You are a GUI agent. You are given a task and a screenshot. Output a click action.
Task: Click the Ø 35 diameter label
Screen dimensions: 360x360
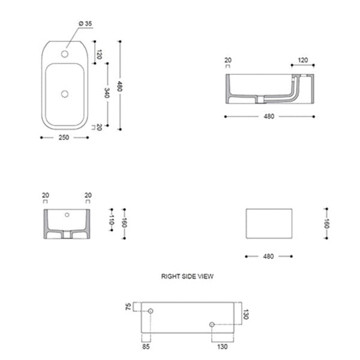(85, 23)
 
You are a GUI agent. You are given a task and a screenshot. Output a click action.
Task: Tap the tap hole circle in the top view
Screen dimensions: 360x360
(65, 52)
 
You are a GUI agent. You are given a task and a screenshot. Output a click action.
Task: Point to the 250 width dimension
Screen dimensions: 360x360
(64, 137)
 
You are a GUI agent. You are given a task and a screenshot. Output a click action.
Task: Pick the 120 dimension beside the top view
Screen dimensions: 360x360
(99, 56)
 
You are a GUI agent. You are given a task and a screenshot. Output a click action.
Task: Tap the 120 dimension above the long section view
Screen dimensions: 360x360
(302, 60)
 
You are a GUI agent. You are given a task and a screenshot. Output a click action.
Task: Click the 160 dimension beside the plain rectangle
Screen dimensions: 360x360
(326, 223)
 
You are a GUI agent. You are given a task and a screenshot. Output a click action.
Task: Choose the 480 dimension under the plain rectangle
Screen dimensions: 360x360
(268, 256)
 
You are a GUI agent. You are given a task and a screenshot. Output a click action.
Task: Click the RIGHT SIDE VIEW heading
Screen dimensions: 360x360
(187, 277)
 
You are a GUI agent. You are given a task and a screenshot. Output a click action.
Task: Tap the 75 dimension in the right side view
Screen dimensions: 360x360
(128, 306)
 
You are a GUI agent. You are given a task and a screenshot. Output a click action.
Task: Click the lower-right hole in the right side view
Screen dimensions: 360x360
(212, 325)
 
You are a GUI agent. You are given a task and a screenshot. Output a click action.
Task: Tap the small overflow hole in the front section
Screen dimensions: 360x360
(67, 214)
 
